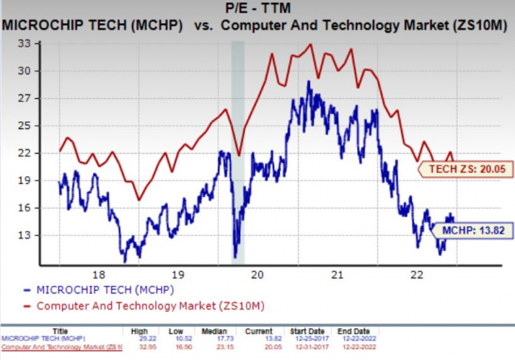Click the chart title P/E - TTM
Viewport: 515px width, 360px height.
(257, 8)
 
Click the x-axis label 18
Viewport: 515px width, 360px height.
(97, 274)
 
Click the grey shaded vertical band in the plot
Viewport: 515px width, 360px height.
(238, 150)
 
